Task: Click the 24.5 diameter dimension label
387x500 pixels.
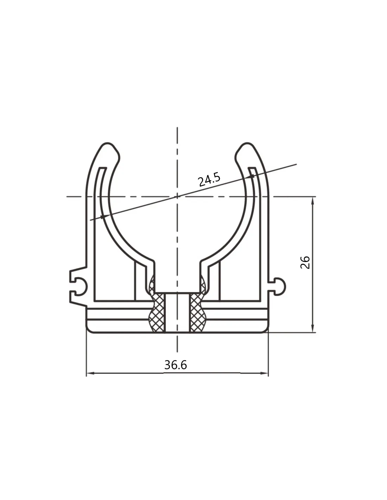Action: point(209,179)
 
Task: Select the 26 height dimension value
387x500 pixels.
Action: point(305,262)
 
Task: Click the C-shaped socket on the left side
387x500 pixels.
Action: point(78,287)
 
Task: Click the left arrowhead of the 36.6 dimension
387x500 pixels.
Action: point(90,373)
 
